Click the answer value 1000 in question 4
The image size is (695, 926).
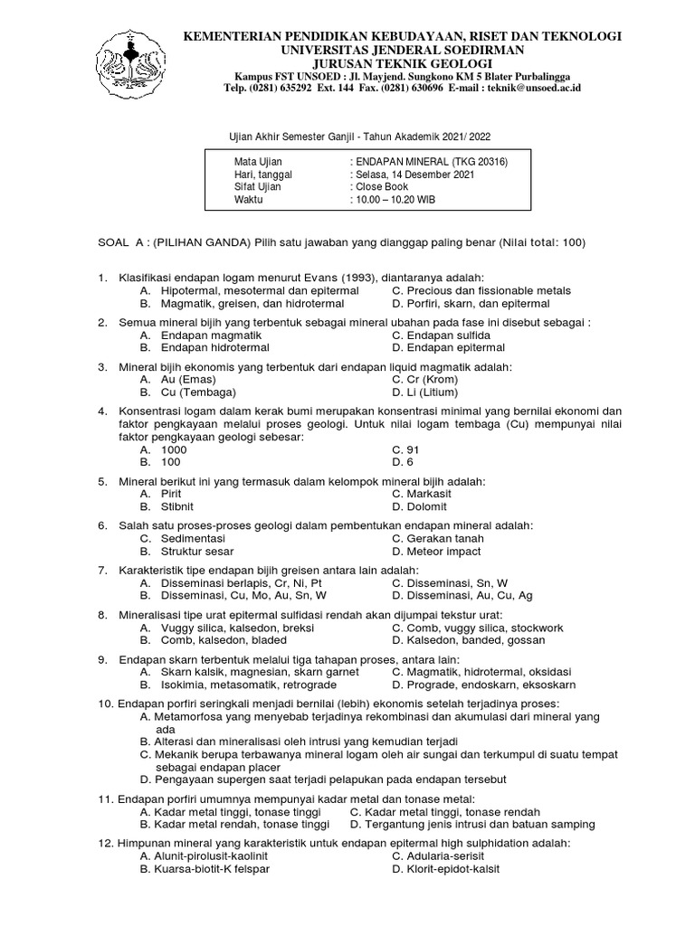pyautogui.click(x=173, y=449)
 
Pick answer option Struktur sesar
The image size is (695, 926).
pyautogui.click(x=196, y=551)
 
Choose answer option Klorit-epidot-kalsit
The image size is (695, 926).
pyautogui.click(x=447, y=869)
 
